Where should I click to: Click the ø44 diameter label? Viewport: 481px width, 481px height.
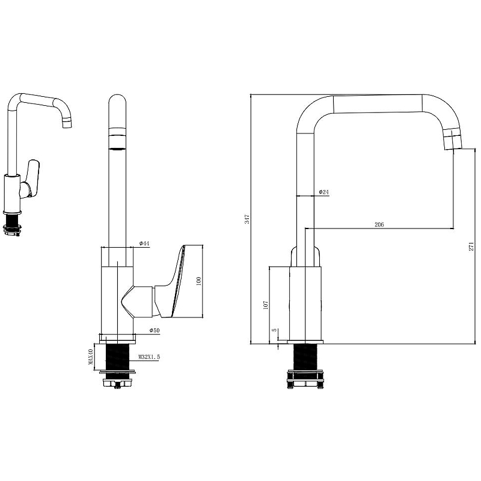(144, 244)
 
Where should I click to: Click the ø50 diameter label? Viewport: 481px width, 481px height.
(155, 330)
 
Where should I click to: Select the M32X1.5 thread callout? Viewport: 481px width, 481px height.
(149, 357)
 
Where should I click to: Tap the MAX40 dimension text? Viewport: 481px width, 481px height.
(91, 357)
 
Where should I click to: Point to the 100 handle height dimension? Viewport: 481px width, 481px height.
(198, 281)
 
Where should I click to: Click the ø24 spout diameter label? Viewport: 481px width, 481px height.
(323, 192)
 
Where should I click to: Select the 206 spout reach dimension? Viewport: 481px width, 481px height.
(379, 224)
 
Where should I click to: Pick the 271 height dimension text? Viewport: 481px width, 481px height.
(471, 247)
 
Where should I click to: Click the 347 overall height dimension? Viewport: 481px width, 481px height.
(248, 219)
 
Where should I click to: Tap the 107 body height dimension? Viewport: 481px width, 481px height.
(266, 305)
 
